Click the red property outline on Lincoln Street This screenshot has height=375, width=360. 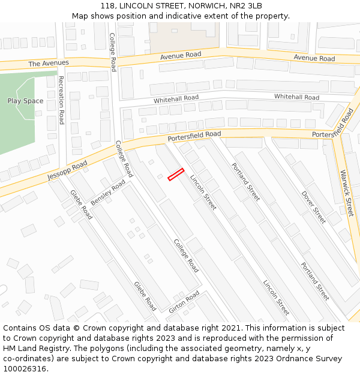pos(175,174)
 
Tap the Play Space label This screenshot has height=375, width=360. pos(25,101)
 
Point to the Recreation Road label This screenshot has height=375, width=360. pos(61,100)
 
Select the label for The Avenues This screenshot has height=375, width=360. pos(49,63)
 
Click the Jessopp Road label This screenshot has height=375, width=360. pos(67,170)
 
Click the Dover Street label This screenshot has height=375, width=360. pos(313,208)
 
